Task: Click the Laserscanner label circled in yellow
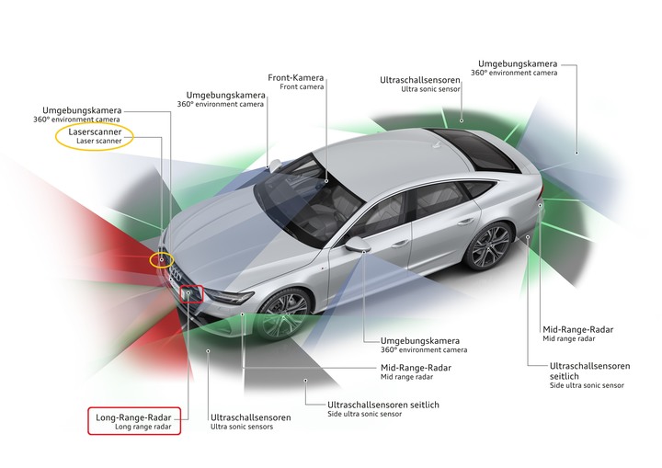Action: tap(95, 131)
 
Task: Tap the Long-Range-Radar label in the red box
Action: tap(133, 417)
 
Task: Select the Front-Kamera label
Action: tap(295, 78)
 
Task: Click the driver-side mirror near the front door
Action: tap(357, 244)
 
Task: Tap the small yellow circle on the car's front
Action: tap(162, 260)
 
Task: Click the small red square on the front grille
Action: tap(191, 294)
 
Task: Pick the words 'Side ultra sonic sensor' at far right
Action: tap(587, 385)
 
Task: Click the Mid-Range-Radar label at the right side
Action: tap(577, 329)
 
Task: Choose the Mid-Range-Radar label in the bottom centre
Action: tap(416, 368)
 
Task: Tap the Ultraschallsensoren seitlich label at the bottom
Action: tap(383, 405)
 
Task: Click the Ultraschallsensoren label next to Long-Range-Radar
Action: tap(251, 417)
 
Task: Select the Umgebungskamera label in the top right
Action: tap(518, 63)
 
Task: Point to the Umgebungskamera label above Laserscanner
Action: tap(82, 110)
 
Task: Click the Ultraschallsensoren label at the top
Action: tap(419, 80)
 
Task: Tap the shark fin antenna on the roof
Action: tap(437, 145)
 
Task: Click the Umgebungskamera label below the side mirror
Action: tap(420, 340)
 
